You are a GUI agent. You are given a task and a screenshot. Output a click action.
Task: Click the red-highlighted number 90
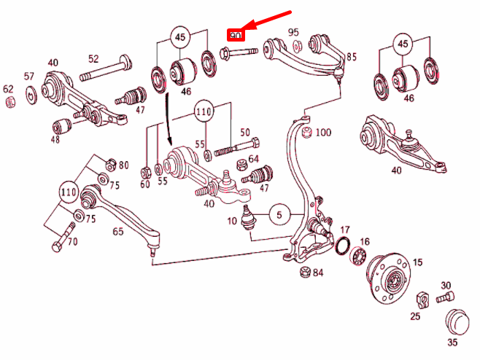pyautogui.click(x=235, y=36)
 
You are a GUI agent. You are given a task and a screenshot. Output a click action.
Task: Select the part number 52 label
pyautogui.click(x=94, y=58)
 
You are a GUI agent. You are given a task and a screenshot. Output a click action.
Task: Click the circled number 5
pyautogui.click(x=279, y=215)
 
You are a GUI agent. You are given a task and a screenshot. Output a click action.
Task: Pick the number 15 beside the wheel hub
pyautogui.click(x=417, y=262)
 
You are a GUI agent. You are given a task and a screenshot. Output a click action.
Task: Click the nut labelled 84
pyautogui.click(x=302, y=273)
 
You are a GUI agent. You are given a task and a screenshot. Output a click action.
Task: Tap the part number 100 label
pyautogui.click(x=322, y=133)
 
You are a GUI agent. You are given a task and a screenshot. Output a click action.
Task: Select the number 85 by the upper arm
pyautogui.click(x=352, y=56)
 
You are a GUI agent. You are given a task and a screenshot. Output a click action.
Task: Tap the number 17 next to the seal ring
pyautogui.click(x=345, y=230)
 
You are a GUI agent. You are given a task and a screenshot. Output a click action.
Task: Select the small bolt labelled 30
pyautogui.click(x=445, y=297)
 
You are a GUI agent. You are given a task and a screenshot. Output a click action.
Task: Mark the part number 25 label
pyautogui.click(x=414, y=317)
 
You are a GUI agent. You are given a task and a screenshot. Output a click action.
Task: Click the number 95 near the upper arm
pyautogui.click(x=293, y=32)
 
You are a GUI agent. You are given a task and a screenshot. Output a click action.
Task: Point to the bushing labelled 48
pyautogui.click(x=63, y=125)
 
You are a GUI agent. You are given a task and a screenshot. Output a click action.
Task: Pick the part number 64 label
pyautogui.click(x=253, y=159)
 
